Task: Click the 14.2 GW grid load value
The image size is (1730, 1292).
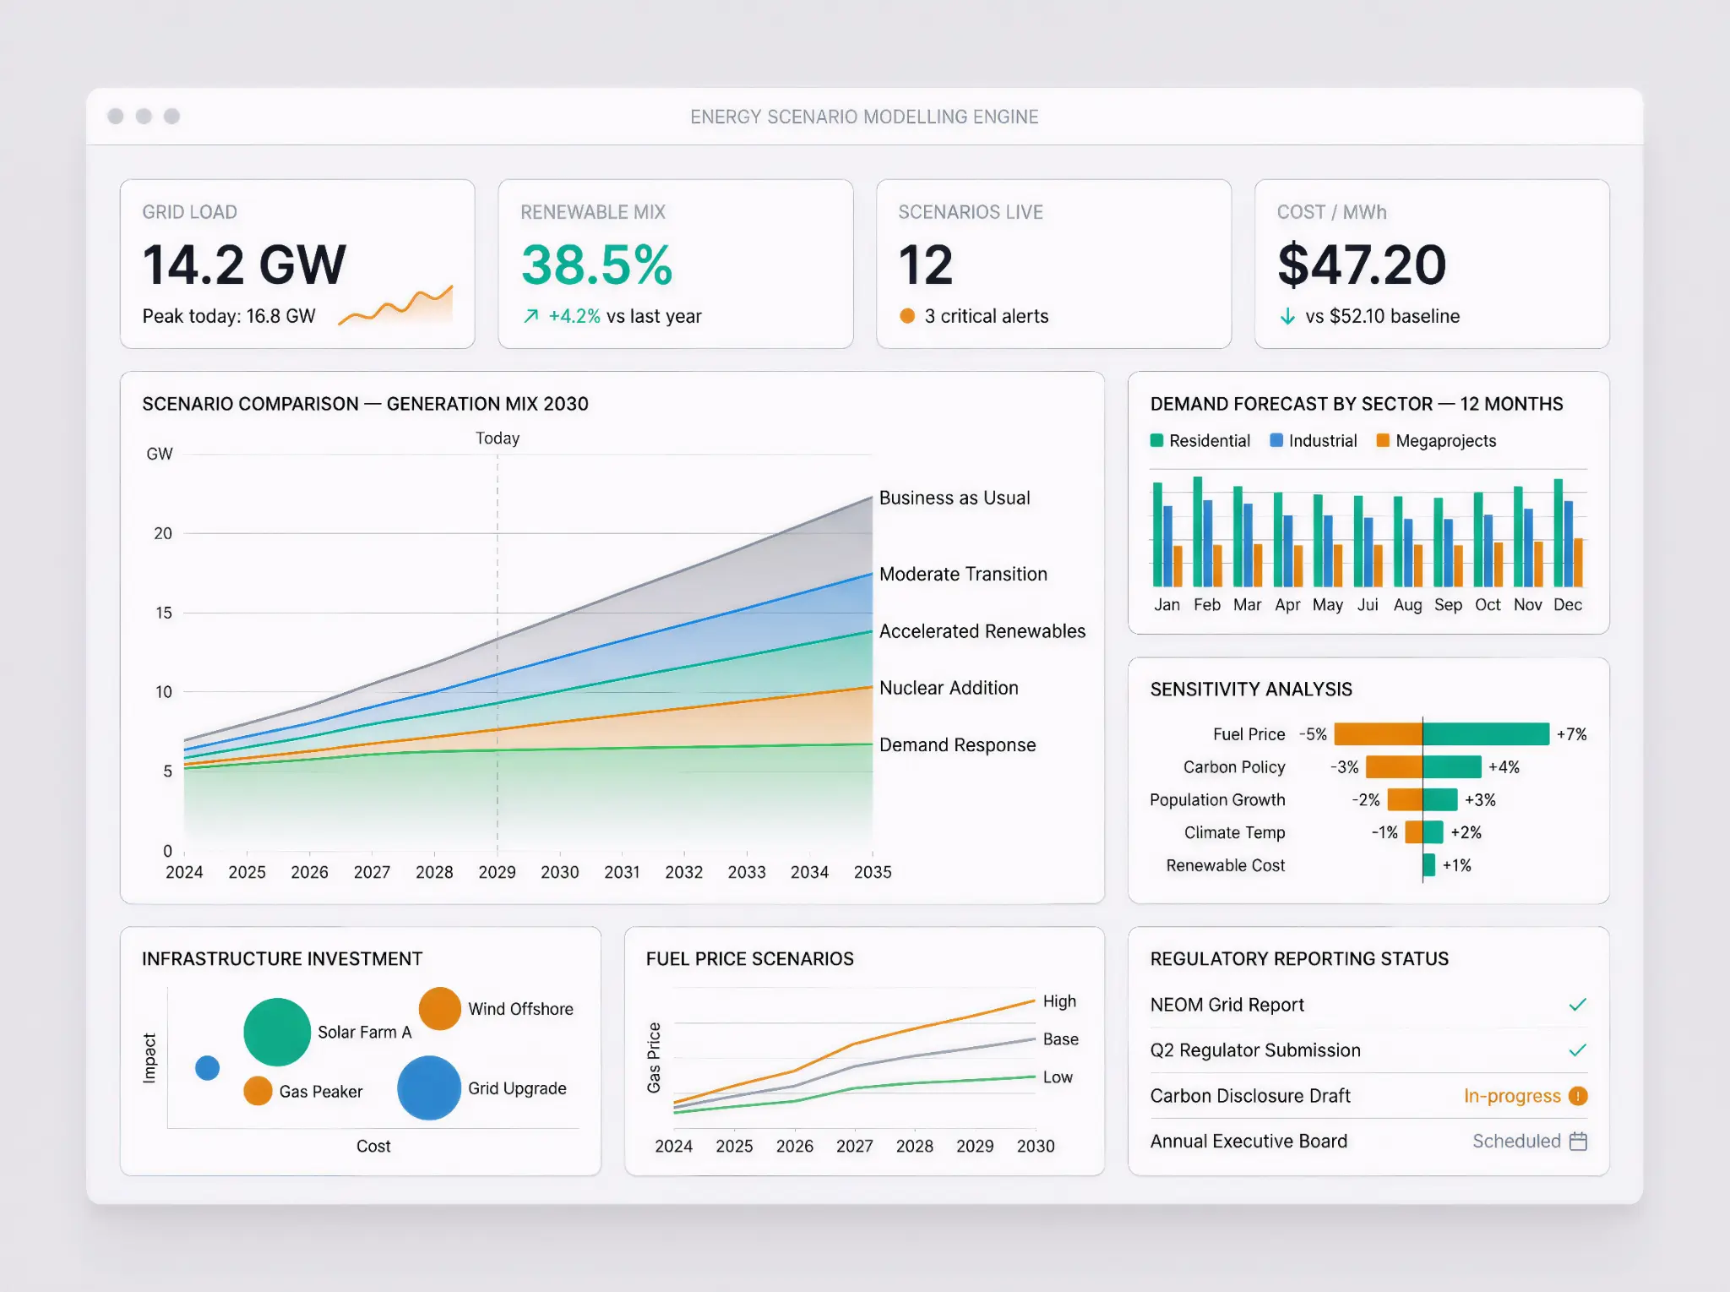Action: [x=244, y=265]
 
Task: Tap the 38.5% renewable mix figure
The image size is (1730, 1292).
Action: [x=596, y=265]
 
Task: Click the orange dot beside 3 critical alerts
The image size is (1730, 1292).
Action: [x=907, y=316]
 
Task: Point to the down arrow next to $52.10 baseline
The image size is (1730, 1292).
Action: [x=1287, y=317]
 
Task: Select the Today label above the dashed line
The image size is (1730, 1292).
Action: [x=497, y=439]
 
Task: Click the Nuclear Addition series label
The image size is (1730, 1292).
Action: [x=949, y=688]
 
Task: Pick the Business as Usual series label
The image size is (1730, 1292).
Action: [x=955, y=498]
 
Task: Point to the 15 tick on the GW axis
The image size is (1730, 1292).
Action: [x=163, y=613]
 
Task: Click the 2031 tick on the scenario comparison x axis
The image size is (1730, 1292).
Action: [x=622, y=872]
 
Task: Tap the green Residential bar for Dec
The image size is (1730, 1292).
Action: [x=1558, y=532]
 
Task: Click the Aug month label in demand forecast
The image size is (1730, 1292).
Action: [x=1407, y=605]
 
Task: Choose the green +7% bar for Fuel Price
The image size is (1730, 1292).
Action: [x=1486, y=733]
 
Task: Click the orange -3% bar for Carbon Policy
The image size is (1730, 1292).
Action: [x=1394, y=766]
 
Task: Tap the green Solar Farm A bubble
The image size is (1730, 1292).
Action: [x=277, y=1032]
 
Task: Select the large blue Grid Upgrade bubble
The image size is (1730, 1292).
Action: [x=429, y=1088]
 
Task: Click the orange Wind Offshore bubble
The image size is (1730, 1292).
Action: [x=439, y=1008]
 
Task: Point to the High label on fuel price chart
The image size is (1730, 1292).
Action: [x=1059, y=1001]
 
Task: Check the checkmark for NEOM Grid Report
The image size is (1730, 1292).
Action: [x=1577, y=1005]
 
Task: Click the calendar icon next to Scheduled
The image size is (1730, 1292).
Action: [x=1578, y=1142]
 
